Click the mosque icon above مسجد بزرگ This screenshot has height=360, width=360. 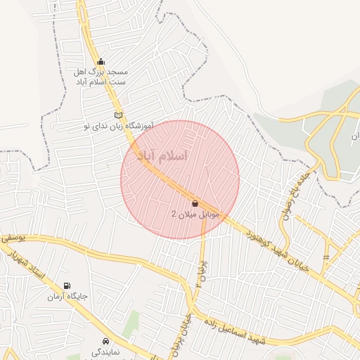point(101,62)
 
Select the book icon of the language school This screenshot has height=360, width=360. point(118,115)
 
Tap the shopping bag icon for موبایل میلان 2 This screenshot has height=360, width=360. point(195,203)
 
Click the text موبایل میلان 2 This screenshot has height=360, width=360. point(195,213)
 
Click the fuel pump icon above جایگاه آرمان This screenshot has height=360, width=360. point(67,285)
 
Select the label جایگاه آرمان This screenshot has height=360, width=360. point(67,297)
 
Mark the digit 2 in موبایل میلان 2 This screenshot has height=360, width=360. point(174,213)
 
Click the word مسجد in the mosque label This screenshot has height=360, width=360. point(117,72)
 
